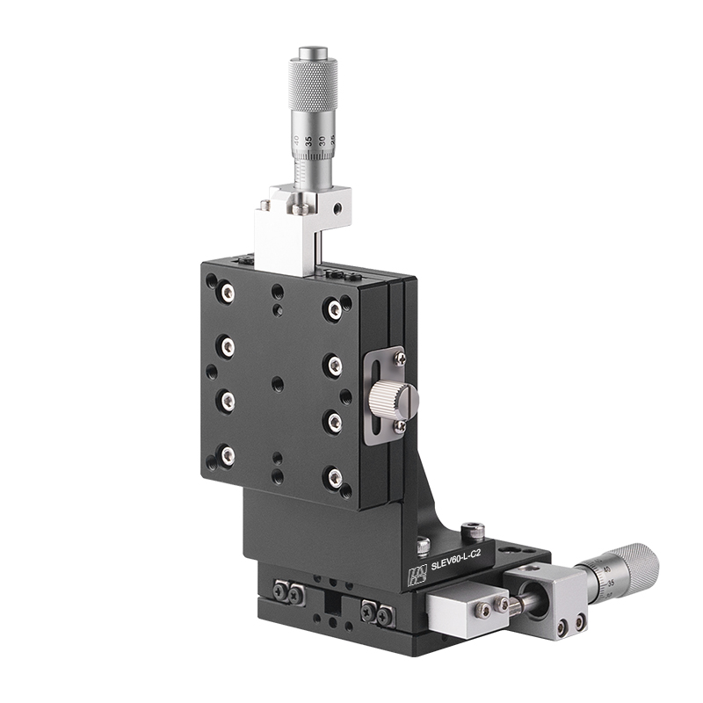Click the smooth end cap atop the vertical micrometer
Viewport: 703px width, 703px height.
pos(312,54)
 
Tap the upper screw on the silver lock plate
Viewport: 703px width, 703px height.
pos(400,359)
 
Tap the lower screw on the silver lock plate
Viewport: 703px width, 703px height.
pos(400,426)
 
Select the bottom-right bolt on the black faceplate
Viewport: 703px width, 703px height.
pos(335,477)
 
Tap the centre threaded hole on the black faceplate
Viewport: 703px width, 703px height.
pos(279,383)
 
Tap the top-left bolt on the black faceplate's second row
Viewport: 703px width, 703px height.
pos(228,347)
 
